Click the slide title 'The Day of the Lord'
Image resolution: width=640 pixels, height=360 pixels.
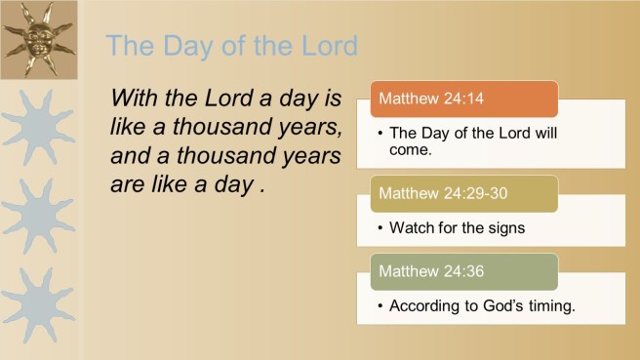point(231,45)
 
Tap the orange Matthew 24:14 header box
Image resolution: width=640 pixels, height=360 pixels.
point(463,99)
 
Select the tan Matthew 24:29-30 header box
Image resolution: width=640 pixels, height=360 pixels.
point(463,193)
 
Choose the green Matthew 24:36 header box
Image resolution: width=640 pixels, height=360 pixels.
point(463,271)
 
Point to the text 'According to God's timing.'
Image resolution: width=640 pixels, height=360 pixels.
point(482,306)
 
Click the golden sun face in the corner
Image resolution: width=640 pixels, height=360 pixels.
point(39,40)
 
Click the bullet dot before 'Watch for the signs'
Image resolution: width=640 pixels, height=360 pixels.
point(380,228)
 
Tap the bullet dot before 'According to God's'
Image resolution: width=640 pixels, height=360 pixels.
point(380,306)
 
